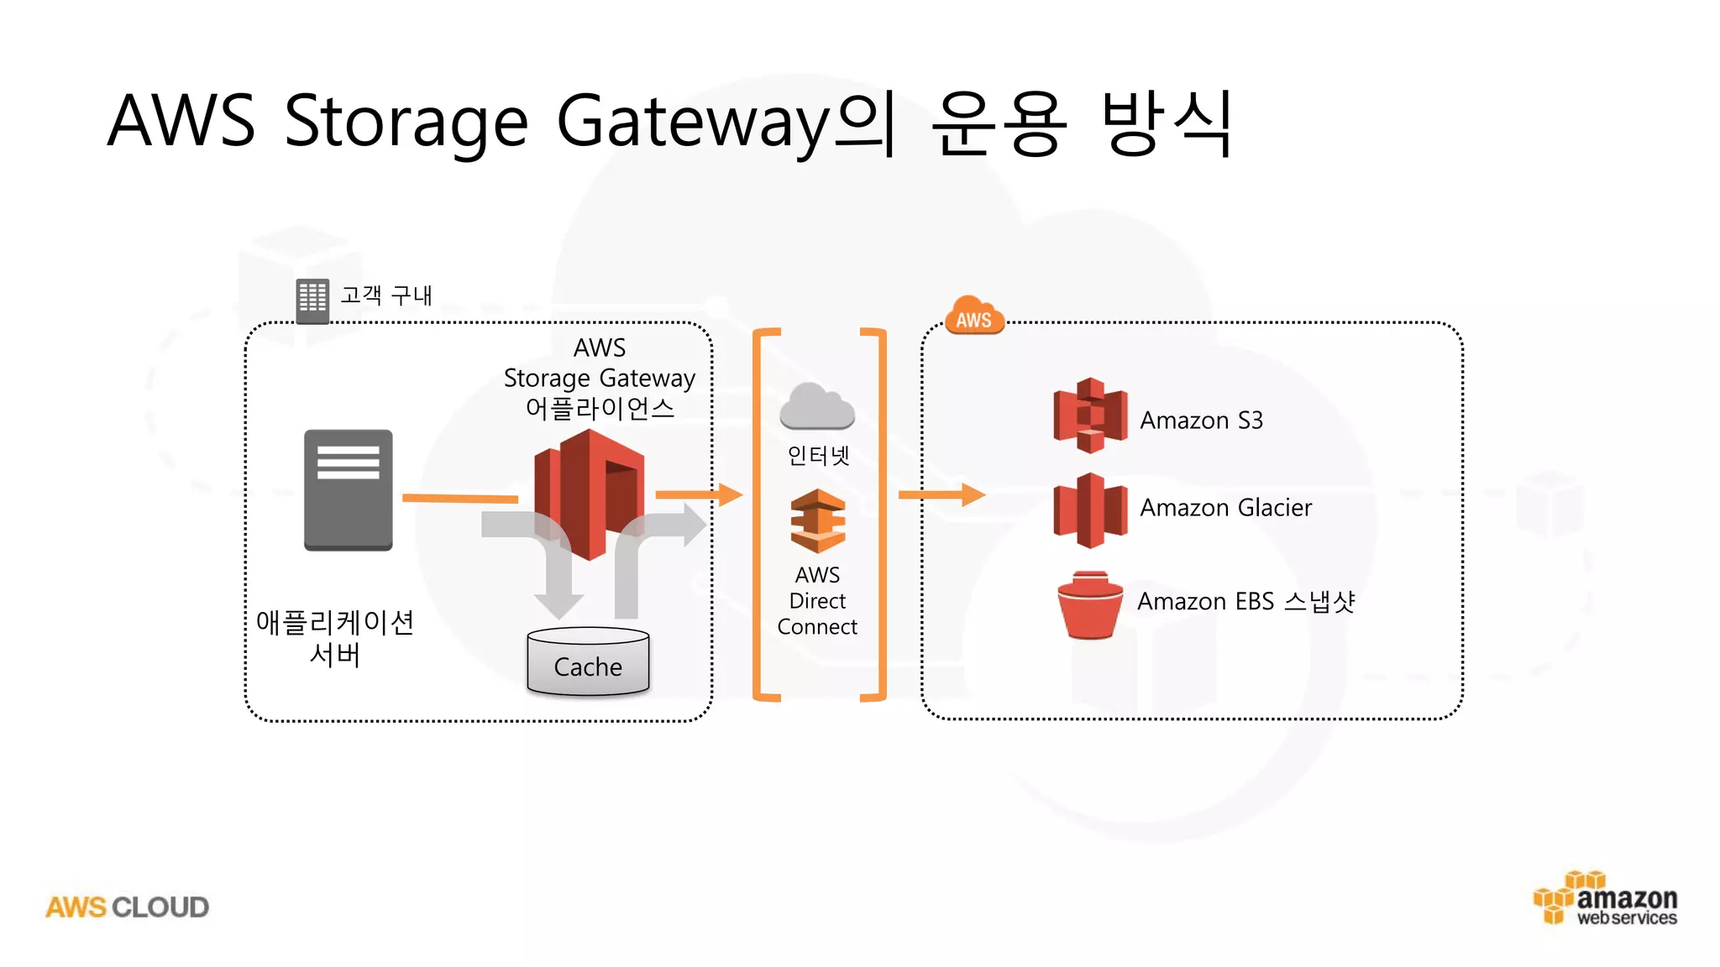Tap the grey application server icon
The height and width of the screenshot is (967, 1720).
click(348, 490)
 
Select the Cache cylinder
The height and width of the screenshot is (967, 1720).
click(588, 662)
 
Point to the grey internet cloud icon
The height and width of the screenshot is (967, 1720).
click(816, 406)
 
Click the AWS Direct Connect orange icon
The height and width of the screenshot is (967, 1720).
click(817, 520)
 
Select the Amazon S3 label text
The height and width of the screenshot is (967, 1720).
click(1201, 420)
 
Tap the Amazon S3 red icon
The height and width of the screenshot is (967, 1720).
click(1090, 416)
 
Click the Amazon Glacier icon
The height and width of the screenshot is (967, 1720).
click(1090, 510)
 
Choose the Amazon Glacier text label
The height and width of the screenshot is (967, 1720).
click(1225, 508)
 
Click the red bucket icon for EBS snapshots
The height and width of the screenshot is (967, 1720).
click(1089, 605)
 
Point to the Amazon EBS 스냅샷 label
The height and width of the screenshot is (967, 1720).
click(1245, 602)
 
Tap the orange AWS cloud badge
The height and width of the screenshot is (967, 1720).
click(974, 317)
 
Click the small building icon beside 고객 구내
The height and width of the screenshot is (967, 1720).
click(312, 300)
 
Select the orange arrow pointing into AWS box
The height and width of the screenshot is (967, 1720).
click(941, 494)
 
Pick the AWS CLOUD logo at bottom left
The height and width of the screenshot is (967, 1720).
click(127, 907)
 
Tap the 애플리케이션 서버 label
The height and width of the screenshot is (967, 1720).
click(334, 638)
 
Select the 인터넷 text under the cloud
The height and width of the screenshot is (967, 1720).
click(818, 456)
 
